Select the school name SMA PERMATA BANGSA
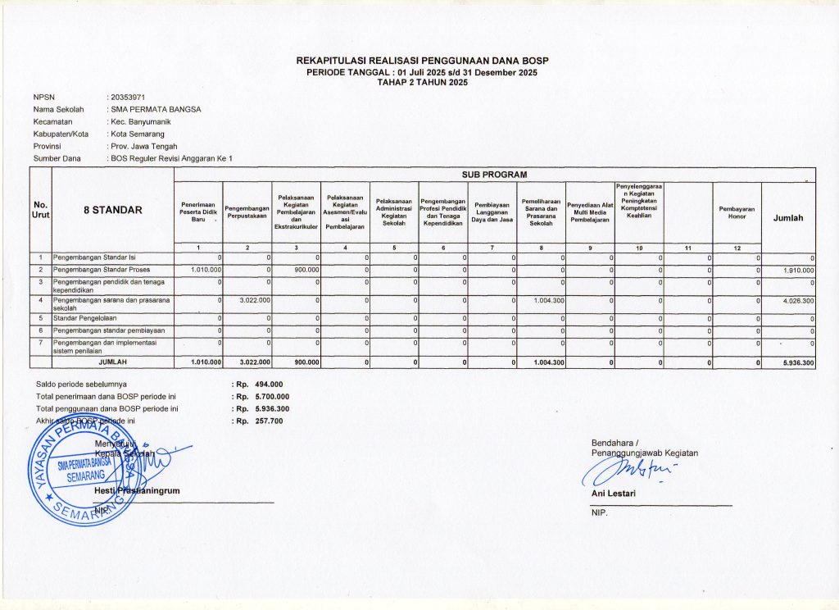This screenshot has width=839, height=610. (156, 109)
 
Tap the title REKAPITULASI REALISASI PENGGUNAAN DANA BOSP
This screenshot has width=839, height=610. (422, 61)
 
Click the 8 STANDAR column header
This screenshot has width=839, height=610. (113, 210)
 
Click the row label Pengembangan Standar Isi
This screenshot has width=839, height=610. (90, 258)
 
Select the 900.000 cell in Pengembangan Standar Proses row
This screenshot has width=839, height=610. (302, 270)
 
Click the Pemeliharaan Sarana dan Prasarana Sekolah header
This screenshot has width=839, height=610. (541, 212)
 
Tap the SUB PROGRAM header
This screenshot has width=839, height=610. (500, 175)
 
